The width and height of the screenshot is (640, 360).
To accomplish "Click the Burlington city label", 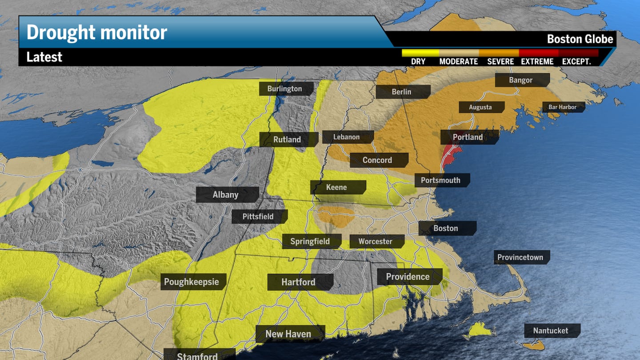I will coord(284,89).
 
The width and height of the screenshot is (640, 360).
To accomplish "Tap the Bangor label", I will coord(520,80).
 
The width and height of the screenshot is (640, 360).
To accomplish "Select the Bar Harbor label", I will coord(562,107).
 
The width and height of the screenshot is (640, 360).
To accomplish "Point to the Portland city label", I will coord(468,137).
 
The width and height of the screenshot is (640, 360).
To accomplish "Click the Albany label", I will coord(226,195).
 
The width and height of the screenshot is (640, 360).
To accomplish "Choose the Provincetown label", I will coord(520,257).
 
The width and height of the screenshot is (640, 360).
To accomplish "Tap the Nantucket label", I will coord(551,331).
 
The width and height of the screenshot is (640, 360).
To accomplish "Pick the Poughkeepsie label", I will coord(192,282).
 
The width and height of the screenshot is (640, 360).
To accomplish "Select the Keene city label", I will coord(336,187).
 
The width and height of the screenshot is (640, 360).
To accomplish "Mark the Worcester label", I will coord(376,241).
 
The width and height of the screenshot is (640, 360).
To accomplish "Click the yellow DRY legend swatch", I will coord(420,53).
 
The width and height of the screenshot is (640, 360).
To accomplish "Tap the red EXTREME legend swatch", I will coord(539,53).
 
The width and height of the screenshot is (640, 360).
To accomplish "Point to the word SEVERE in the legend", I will coord(500,62).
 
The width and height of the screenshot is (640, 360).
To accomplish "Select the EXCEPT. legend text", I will coord(576,62).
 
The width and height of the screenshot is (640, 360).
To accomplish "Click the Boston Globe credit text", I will coord(580,39).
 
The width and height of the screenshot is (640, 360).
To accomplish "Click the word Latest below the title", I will coord(44,57).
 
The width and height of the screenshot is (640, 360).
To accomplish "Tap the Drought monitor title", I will coord(97,32).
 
